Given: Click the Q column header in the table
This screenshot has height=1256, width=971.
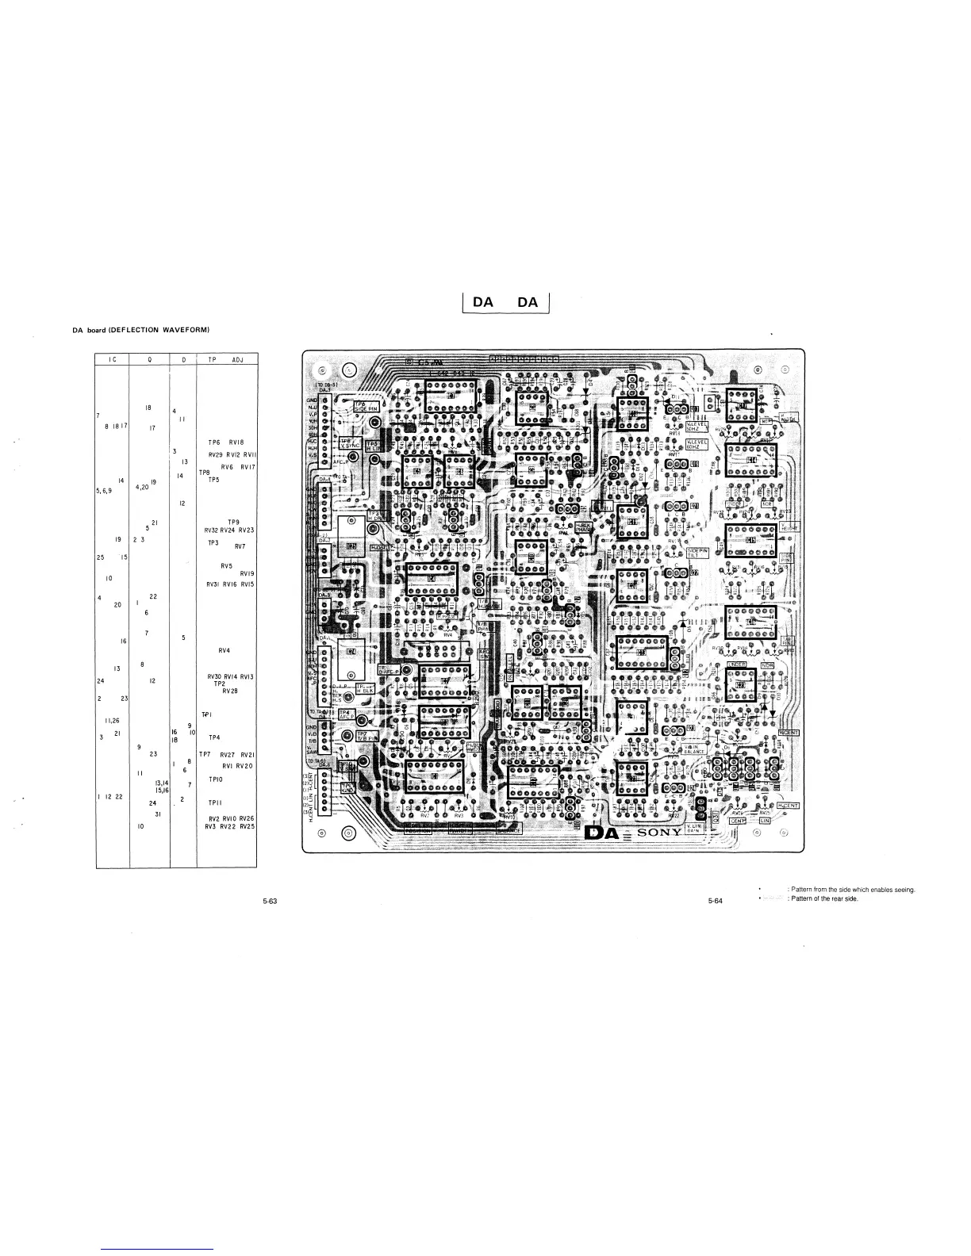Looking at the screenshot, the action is [x=150, y=359].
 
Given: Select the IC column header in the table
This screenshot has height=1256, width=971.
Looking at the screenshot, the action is [x=113, y=359].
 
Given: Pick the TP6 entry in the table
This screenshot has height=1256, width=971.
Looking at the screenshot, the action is [x=213, y=442].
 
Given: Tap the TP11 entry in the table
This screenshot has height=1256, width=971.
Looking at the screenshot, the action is [x=214, y=802].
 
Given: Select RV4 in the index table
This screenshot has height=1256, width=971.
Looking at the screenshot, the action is [x=225, y=651].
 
